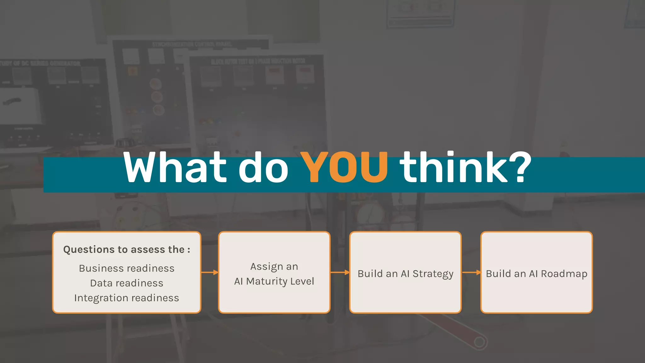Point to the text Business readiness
pos(127,268)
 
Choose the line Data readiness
pos(127,283)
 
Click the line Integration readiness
pos(127,298)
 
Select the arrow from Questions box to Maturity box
pos(210,272)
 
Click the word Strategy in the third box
pos(433,274)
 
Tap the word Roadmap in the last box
pos(564,274)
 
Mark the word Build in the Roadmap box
pos(498,274)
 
